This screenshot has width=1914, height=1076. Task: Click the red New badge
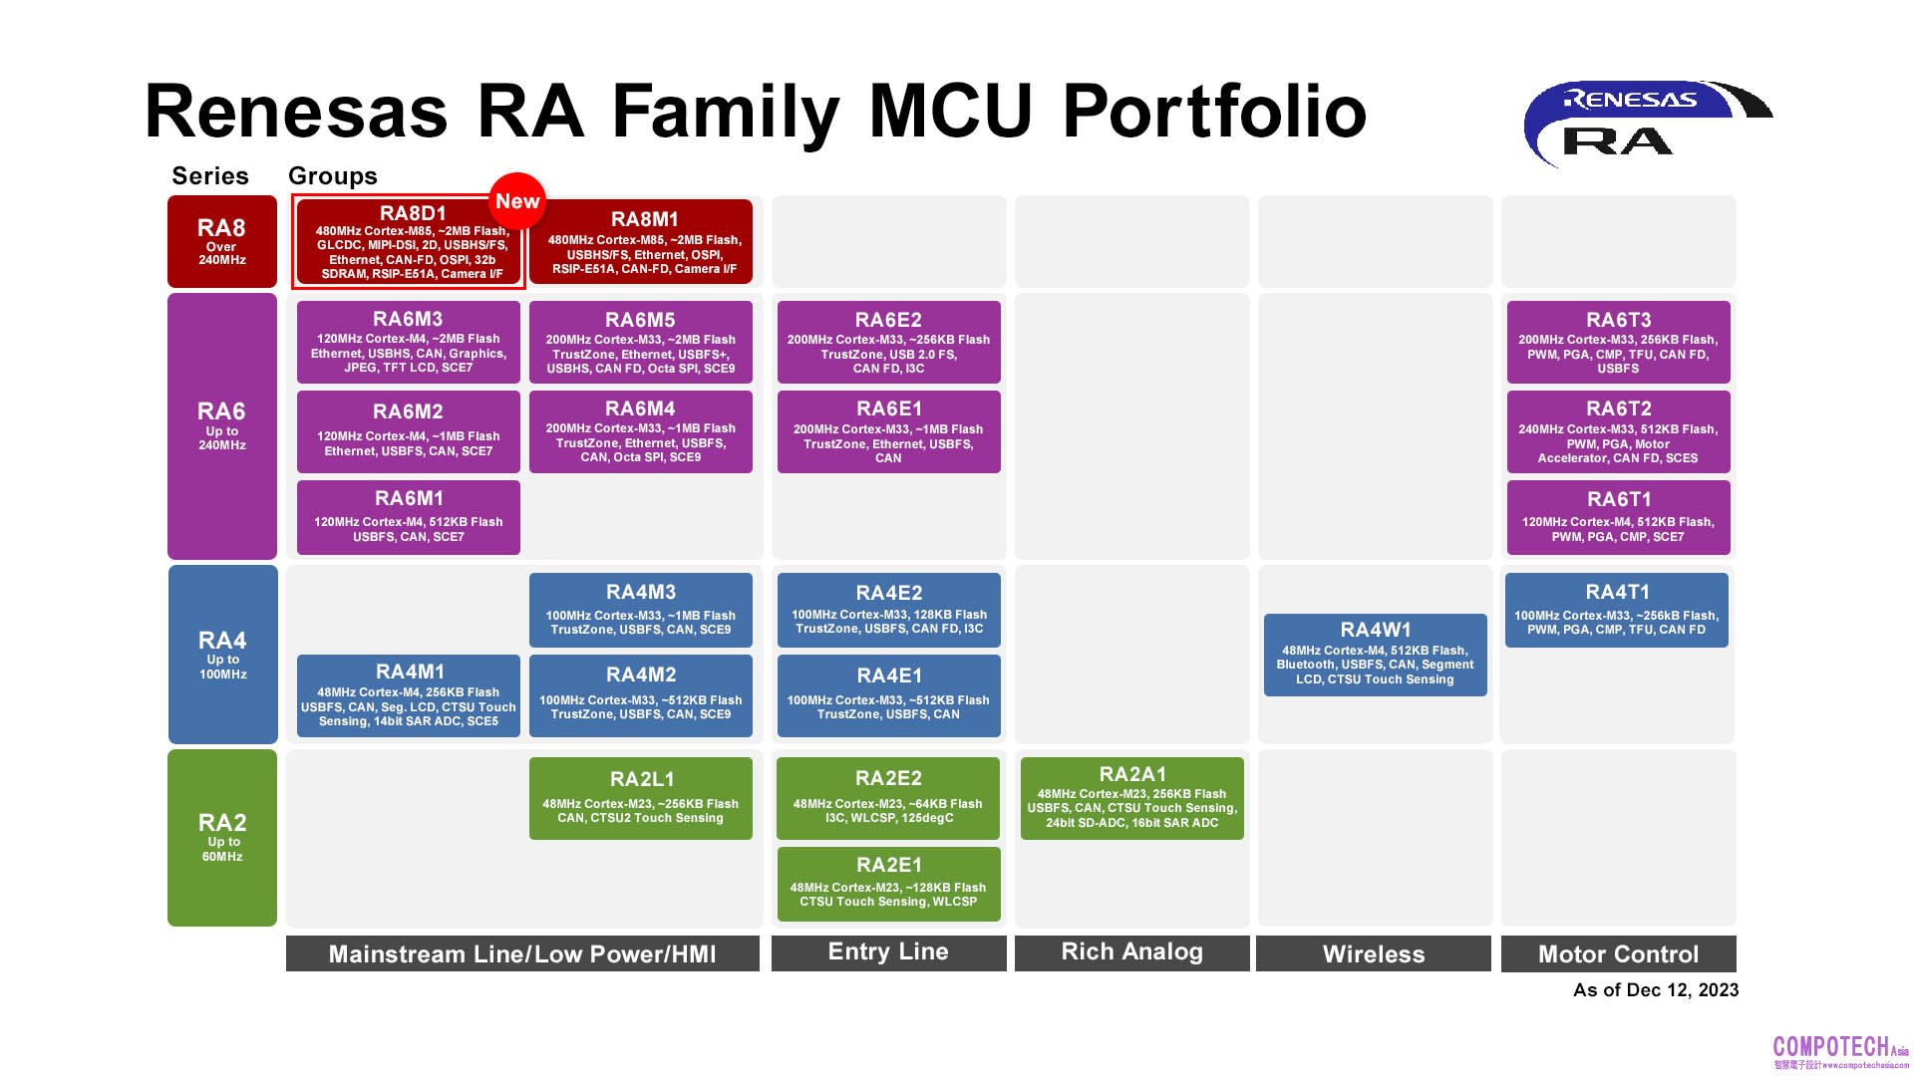[517, 201]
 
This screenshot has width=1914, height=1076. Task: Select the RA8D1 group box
[408, 244]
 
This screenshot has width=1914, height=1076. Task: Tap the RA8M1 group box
[641, 242]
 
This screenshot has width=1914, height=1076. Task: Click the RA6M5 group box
[641, 343]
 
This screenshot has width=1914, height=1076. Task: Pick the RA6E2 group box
[888, 343]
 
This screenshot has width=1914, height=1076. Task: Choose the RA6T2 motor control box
[1618, 431]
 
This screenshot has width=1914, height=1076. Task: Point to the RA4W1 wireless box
[1375, 655]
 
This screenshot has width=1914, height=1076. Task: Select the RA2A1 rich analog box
[1131, 798]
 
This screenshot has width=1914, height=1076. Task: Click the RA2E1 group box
[888, 884]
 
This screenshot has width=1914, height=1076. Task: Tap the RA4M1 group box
[408, 695]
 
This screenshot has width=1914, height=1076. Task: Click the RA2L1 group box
[641, 798]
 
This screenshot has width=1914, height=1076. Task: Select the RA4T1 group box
[1617, 610]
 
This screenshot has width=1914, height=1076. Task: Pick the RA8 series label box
[221, 242]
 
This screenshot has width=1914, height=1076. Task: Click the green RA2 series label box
[221, 838]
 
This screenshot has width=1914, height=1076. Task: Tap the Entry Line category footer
[888, 952]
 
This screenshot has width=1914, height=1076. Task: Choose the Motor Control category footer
[1618, 953]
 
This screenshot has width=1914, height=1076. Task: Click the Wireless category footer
[1373, 953]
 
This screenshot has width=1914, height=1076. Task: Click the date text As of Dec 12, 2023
[1655, 990]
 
